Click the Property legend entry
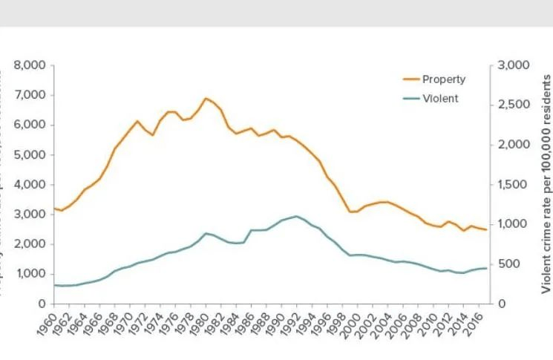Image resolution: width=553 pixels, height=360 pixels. click(444, 79)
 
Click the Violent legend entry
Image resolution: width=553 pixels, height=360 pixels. click(440, 98)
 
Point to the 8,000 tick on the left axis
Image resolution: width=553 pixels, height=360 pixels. click(31, 65)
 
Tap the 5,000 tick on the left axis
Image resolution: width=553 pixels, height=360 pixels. click(31, 154)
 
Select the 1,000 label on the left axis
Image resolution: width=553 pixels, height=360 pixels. click(31, 274)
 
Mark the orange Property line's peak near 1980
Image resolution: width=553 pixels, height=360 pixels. click(206, 98)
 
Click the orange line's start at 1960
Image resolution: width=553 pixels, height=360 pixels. click(54, 209)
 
